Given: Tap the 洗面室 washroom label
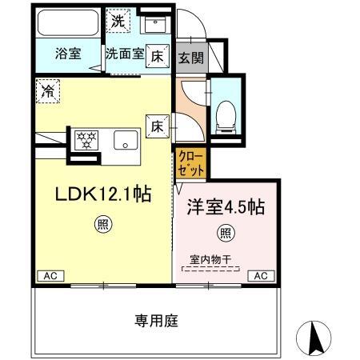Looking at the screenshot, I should point(125,55).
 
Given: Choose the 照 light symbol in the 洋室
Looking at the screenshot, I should point(226,233).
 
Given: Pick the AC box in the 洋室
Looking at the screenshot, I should point(259,275).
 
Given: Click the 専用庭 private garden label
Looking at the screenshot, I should point(155,321).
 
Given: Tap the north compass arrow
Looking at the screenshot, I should point(314,336).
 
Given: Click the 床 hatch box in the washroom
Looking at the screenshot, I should point(158,57).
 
